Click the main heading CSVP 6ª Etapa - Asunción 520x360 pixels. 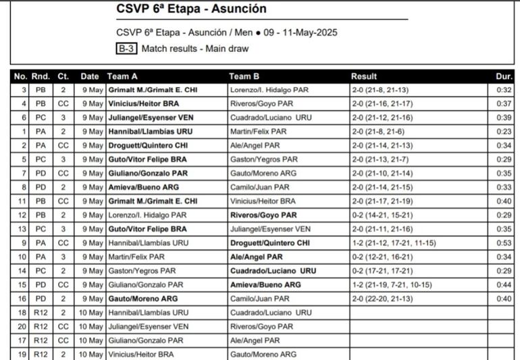coord(191,9)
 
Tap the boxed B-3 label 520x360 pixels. coord(126,49)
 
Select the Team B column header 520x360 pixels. coord(244,76)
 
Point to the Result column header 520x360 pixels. coord(364,76)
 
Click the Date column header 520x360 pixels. coord(90,76)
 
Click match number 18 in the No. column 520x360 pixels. coord(24,312)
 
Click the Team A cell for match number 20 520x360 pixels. coord(145,326)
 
